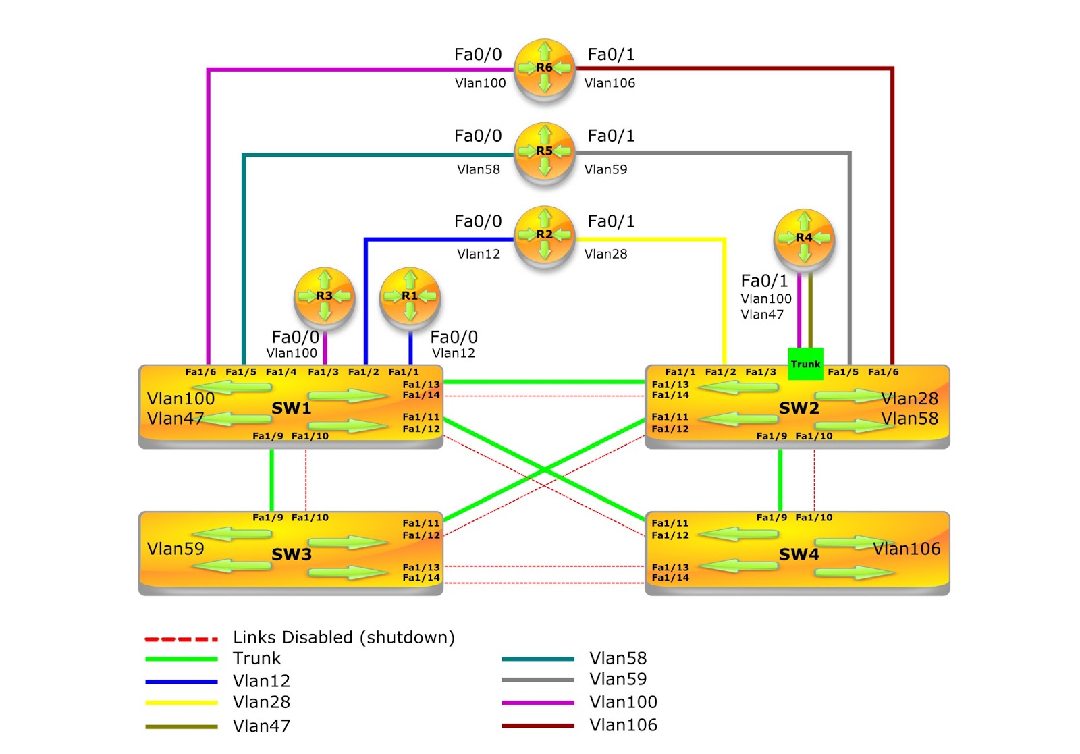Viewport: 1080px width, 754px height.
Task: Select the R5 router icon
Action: pyautogui.click(x=544, y=152)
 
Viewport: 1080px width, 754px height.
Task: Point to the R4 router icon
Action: pyautogui.click(x=803, y=238)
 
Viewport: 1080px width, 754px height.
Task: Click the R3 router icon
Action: pyautogui.click(x=324, y=296)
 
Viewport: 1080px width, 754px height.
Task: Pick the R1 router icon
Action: pyautogui.click(x=410, y=296)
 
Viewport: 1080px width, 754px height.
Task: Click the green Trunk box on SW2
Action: pyautogui.click(x=805, y=364)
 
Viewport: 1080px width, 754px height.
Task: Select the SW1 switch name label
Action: pyautogui.click(x=291, y=408)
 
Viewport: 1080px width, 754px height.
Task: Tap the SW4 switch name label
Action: pyautogui.click(x=799, y=554)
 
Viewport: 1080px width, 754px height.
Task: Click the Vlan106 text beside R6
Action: pyautogui.click(x=610, y=83)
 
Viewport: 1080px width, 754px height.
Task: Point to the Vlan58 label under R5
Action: pyautogui.click(x=479, y=169)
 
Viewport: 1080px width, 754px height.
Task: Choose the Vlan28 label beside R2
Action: pyautogui.click(x=605, y=254)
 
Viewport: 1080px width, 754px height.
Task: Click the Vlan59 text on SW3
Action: pyautogui.click(x=175, y=549)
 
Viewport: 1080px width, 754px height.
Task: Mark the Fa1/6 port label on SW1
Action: pyautogui.click(x=200, y=372)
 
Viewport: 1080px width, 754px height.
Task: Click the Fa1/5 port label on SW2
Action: pyautogui.click(x=842, y=372)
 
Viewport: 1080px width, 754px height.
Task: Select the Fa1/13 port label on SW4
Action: pyautogui.click(x=670, y=567)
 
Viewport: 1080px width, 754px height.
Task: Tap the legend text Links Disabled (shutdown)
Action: pyautogui.click(x=344, y=637)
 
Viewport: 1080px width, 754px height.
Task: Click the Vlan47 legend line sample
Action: pyautogui.click(x=181, y=727)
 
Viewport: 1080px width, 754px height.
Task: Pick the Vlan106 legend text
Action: pyautogui.click(x=623, y=725)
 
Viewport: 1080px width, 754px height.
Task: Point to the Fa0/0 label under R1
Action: pyautogui.click(x=454, y=337)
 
